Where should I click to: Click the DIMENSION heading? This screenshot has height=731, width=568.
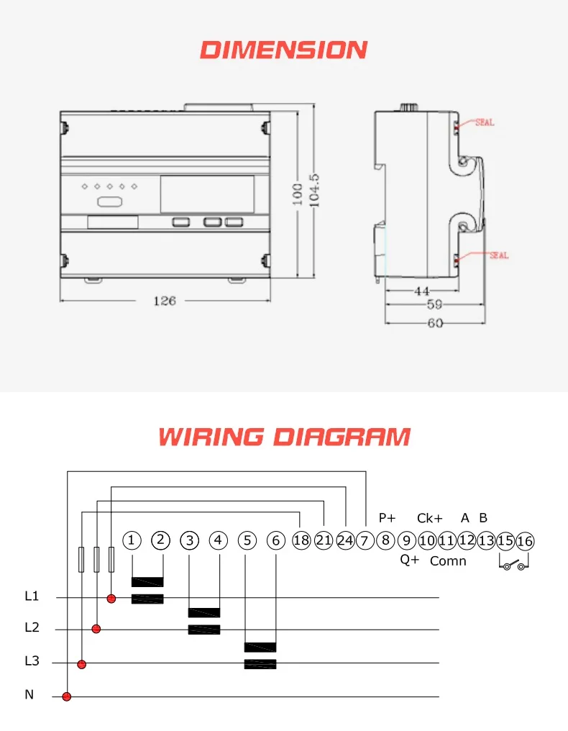click(x=283, y=50)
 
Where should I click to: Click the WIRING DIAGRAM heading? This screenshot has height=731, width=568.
click(x=284, y=437)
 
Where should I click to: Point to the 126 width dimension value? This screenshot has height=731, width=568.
click(x=164, y=301)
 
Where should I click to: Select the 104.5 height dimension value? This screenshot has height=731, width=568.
click(x=313, y=190)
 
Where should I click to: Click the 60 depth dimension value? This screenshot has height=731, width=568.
click(x=435, y=323)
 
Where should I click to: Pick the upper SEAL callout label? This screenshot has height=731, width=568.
click(x=485, y=123)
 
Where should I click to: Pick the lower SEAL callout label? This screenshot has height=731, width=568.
click(x=498, y=255)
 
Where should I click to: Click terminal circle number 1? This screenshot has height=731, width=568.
click(x=132, y=541)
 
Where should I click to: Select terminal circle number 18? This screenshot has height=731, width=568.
click(x=301, y=541)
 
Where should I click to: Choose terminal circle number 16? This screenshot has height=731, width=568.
click(x=525, y=541)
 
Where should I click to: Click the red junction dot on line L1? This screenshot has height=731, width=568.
click(x=111, y=598)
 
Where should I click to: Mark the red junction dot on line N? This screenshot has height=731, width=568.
click(x=67, y=696)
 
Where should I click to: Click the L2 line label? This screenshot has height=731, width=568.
click(x=32, y=627)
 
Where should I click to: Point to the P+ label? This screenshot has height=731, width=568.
click(x=388, y=517)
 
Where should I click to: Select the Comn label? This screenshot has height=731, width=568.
click(x=448, y=561)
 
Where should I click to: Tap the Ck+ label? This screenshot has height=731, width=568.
click(x=429, y=518)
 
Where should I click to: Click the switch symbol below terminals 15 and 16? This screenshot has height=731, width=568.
click(x=515, y=565)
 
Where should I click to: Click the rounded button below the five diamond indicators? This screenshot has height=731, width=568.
click(x=108, y=203)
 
